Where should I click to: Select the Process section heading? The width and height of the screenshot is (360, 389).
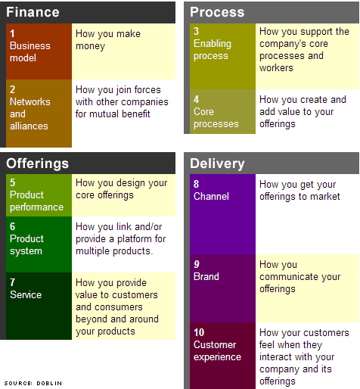(217, 12)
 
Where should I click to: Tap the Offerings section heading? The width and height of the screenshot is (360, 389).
(37, 163)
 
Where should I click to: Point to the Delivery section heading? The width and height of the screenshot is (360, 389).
(217, 163)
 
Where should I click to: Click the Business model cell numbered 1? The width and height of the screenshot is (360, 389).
(39, 51)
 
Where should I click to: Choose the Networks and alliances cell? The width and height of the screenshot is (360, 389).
(39, 113)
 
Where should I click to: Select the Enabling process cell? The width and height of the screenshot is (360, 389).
(222, 56)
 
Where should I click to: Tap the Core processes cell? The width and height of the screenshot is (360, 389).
(222, 111)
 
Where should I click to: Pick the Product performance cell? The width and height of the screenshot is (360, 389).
(39, 194)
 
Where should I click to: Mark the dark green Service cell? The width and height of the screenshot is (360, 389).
(39, 305)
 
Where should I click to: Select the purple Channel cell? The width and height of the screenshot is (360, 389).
(222, 213)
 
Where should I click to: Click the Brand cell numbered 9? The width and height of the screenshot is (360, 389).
(222, 288)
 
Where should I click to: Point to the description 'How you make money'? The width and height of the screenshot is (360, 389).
(108, 40)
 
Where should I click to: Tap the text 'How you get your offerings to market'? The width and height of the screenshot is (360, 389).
(297, 190)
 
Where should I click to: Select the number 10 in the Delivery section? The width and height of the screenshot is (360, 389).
(199, 333)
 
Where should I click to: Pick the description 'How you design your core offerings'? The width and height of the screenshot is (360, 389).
(121, 188)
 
